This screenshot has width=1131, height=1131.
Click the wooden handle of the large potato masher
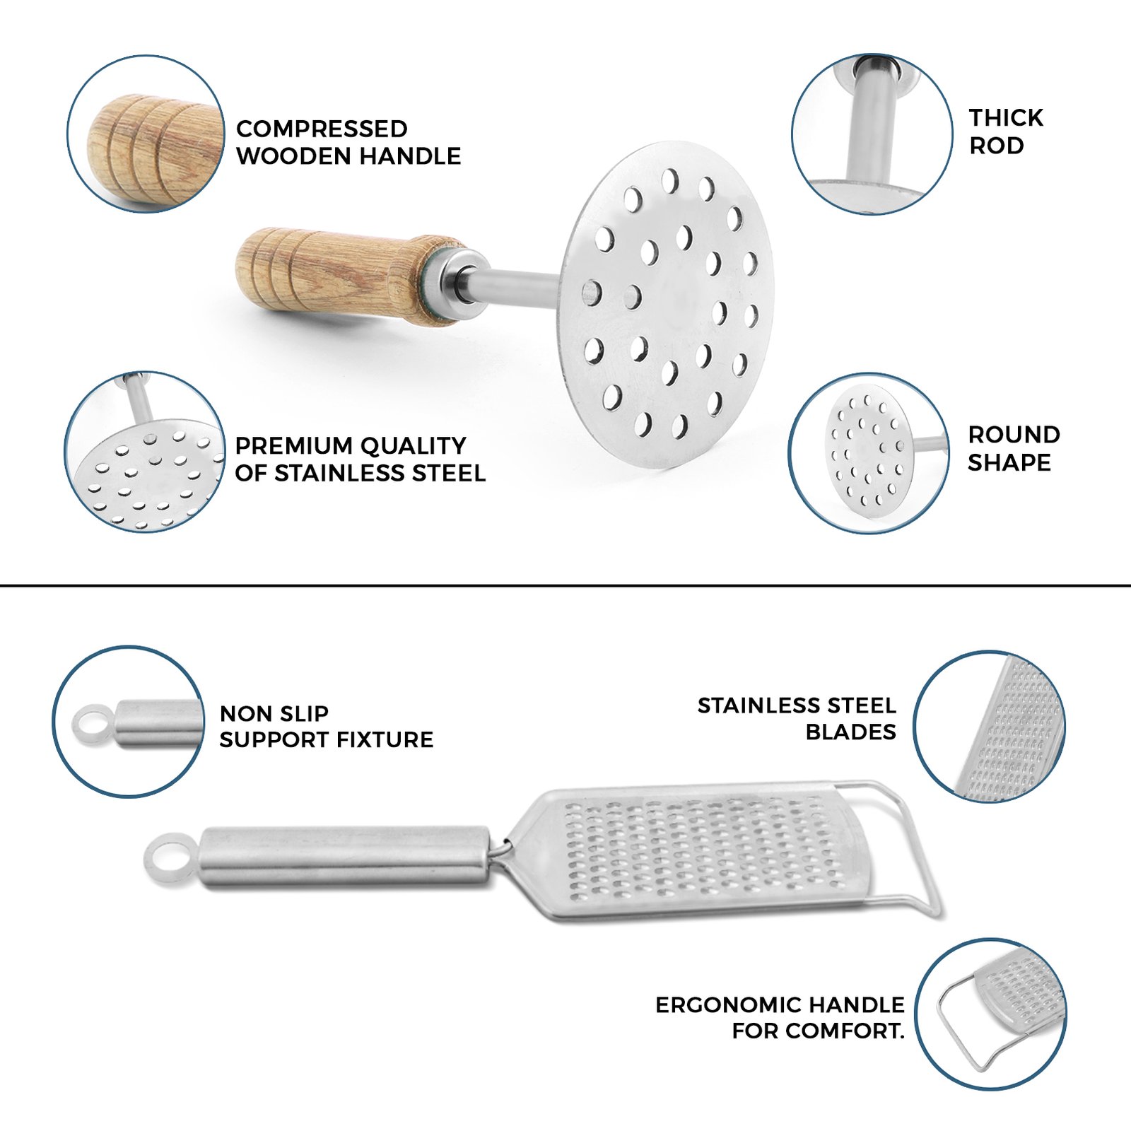pyautogui.click(x=339, y=276)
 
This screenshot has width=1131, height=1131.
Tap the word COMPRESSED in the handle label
pyautogui.click(x=322, y=129)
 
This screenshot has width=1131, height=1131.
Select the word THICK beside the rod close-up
pyautogui.click(x=1006, y=117)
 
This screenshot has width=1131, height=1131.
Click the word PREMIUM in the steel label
pyautogui.click(x=292, y=445)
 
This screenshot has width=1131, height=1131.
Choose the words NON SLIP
pyautogui.click(x=274, y=713)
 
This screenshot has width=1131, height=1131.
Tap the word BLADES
pyautogui.click(x=850, y=732)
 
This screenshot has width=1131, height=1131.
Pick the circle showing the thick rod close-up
pyautogui.click(x=872, y=134)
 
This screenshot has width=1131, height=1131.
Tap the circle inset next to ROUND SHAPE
pyautogui.click(x=869, y=453)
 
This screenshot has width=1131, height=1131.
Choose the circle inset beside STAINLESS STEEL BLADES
pyautogui.click(x=990, y=727)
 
